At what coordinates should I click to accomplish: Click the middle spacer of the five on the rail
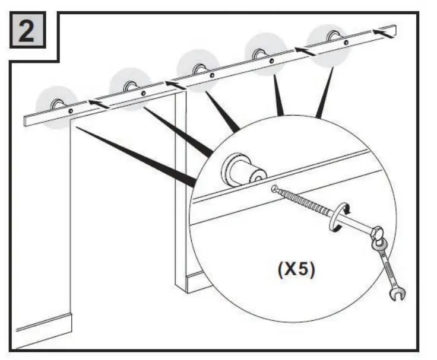(198, 70)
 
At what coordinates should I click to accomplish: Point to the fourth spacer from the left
(259, 54)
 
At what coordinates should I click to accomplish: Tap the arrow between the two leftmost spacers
(99, 104)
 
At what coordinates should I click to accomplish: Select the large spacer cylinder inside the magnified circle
(240, 170)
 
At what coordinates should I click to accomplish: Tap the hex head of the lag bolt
(376, 230)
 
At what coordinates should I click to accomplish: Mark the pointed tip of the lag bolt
(274, 189)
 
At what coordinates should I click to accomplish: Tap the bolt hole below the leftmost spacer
(71, 111)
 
